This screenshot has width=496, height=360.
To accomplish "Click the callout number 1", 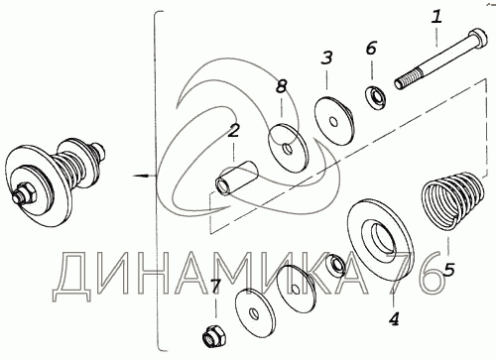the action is point(436,17).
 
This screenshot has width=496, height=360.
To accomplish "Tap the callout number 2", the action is point(233,131).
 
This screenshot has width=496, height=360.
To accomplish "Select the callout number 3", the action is point(326,58).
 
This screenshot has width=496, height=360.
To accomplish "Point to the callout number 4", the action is point(394,318).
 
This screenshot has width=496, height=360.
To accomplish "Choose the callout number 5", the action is point(448,270).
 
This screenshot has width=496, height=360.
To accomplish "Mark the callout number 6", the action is point(371,49).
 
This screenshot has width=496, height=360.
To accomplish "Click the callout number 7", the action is point(215,287).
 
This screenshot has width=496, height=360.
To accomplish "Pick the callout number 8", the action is point(281,86).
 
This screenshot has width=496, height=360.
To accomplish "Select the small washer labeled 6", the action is point(376,96).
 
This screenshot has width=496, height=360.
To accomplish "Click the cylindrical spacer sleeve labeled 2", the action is point(236,180).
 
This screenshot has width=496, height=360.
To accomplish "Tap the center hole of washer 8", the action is point(288,149).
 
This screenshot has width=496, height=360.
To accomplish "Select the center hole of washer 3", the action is point(334,122).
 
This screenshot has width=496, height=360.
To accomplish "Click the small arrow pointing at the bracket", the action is point(144,176).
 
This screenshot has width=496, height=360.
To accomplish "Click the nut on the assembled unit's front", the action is point(26,194).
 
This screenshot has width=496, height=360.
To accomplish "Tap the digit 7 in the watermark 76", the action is point(401,273).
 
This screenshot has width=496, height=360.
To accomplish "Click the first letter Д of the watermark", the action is point(71,276).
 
